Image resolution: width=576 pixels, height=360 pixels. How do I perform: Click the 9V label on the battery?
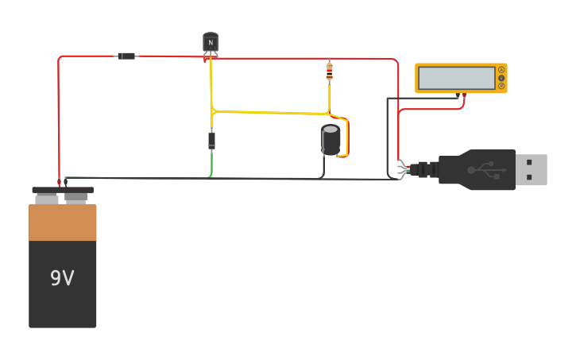(x=62, y=278)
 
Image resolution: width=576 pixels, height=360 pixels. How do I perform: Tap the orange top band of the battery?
(x=62, y=223)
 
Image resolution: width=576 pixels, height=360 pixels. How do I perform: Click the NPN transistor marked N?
(x=211, y=42)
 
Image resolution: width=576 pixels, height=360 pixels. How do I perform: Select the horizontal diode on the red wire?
(x=126, y=56)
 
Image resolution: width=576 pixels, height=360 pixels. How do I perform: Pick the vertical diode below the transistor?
(x=211, y=141)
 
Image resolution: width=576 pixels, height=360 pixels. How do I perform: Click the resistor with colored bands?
(x=329, y=72)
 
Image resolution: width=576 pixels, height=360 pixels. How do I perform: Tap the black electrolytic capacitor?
(x=331, y=139)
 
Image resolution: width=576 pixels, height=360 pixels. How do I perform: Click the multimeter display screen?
(x=456, y=78)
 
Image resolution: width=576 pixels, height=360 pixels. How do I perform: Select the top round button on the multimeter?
(x=501, y=70)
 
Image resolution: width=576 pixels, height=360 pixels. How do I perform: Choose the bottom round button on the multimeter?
(x=501, y=86)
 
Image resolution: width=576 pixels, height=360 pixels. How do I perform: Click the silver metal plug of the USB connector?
(x=531, y=169)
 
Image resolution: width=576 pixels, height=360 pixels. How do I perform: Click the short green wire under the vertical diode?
(x=211, y=165)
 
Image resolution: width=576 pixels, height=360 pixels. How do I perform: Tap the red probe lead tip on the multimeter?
(x=464, y=95)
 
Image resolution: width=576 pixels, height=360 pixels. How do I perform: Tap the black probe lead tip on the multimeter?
(x=458, y=96)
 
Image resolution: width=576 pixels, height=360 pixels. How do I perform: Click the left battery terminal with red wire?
(x=59, y=183)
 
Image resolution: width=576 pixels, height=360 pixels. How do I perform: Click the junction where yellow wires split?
(x=213, y=112)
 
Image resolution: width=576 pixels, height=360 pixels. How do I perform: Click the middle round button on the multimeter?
(x=501, y=78)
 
